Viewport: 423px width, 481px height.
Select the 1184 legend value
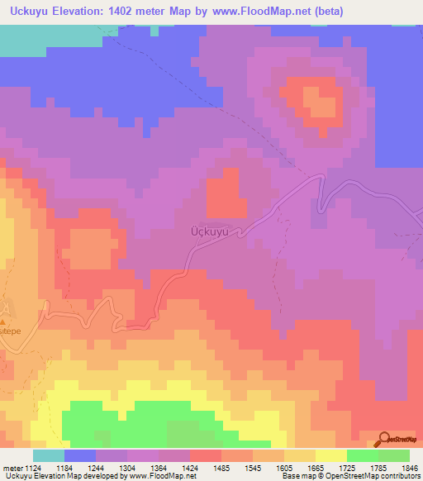tap(80, 468)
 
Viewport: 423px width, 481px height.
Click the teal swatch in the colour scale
tap(49, 455)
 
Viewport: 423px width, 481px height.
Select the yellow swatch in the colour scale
tap(331, 455)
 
